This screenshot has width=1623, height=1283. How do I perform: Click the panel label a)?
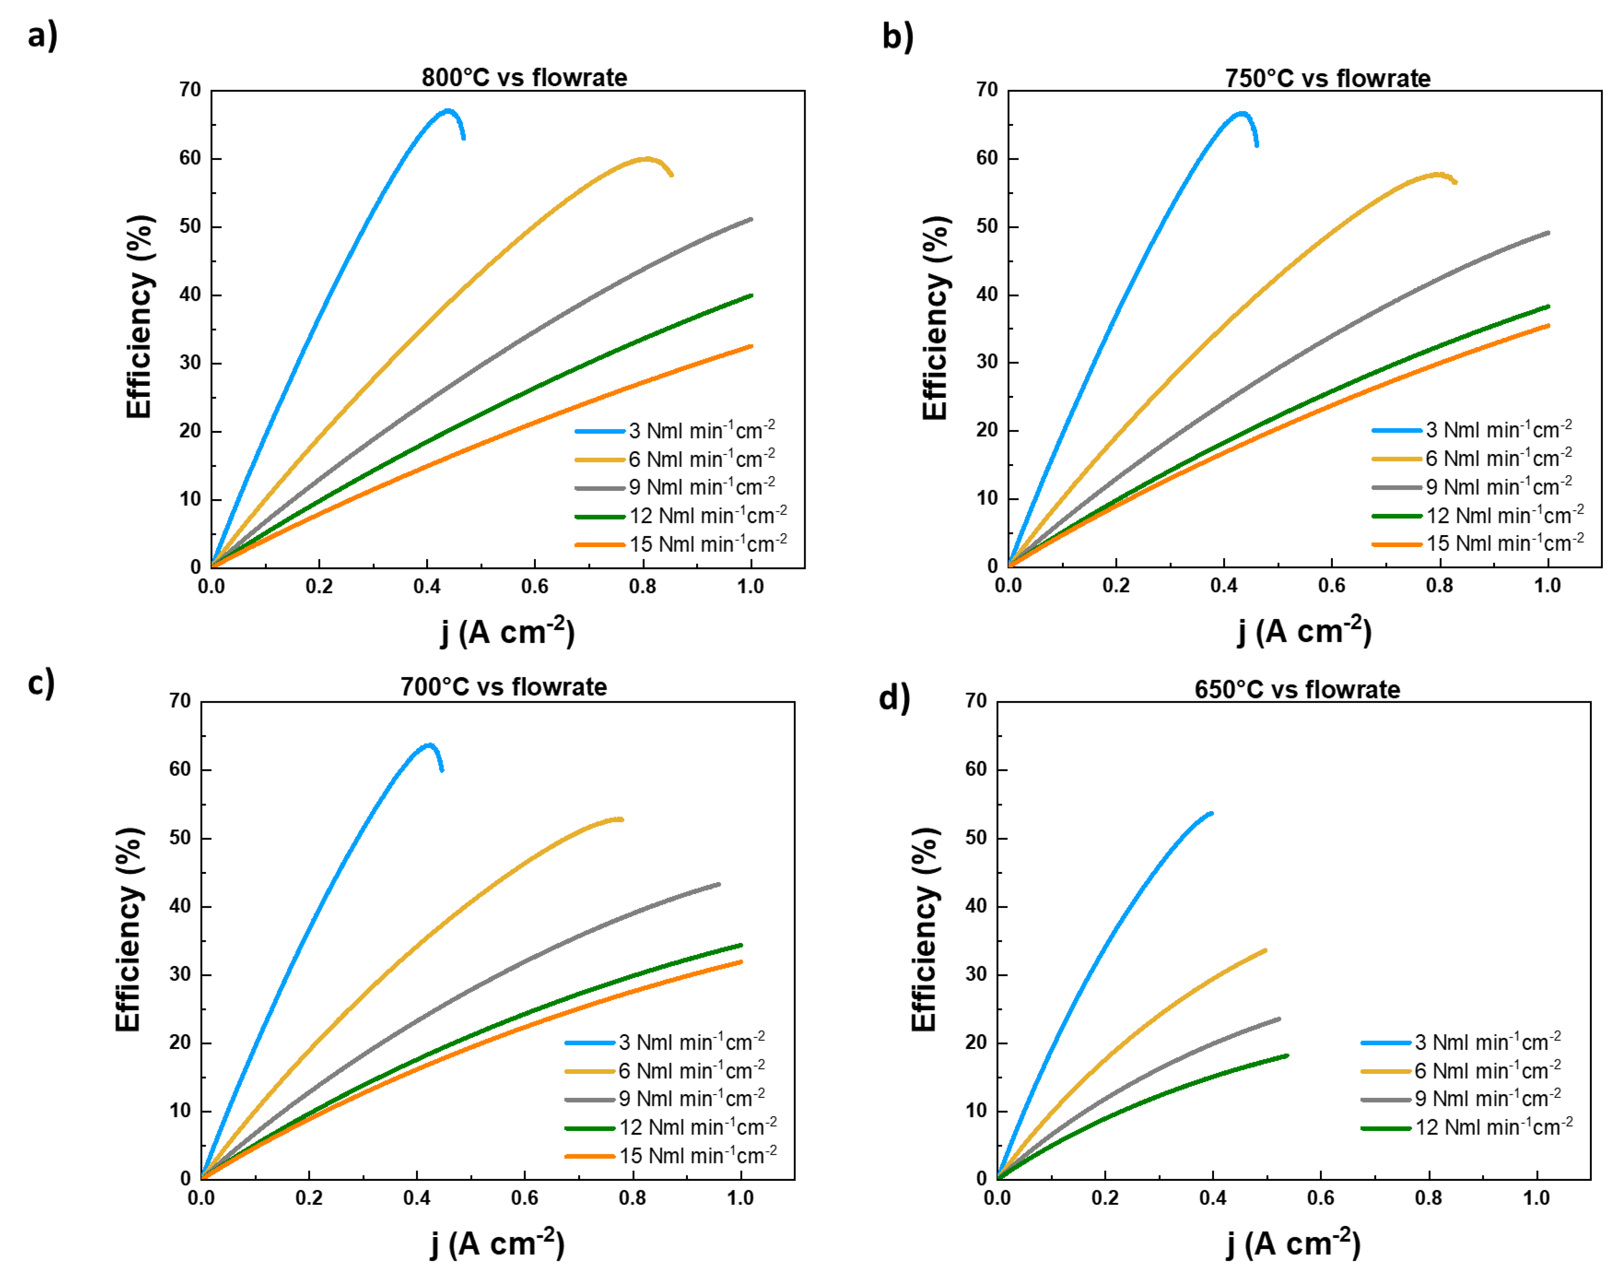pos(42,35)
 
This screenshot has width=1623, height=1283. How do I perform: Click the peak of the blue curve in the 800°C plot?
pos(448,110)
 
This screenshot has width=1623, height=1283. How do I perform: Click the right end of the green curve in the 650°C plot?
pos(1287,1055)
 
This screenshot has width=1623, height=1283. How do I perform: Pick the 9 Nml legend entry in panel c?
pos(691,1098)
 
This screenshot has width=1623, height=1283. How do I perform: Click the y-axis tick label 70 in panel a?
pos(191,90)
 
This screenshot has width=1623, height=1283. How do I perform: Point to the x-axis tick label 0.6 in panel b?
pos(1332,585)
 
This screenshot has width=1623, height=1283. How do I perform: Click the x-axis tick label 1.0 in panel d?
pos(1536,1197)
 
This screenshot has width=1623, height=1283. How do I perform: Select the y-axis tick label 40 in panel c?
pos(180,906)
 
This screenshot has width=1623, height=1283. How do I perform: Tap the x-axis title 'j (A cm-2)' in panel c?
pos(497,1243)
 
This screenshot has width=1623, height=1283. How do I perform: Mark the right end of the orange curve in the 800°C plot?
pos(751,346)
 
